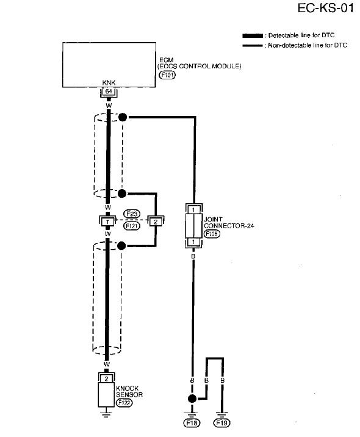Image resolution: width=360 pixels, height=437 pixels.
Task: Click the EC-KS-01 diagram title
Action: point(325,8)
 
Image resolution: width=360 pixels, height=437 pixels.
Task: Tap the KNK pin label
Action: point(109,83)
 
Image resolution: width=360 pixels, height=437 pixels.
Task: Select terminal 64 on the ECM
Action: point(109,91)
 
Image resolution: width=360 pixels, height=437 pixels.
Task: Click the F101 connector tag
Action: point(167,75)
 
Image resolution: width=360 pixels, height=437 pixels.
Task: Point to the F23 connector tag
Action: point(132,214)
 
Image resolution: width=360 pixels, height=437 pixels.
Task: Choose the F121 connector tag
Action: point(132,226)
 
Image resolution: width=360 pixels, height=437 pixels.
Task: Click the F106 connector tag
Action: point(212,234)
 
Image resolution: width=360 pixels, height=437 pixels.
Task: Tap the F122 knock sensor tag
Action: point(124,403)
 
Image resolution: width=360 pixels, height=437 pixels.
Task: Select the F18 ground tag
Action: point(192,423)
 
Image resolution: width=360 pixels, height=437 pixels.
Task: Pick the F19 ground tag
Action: point(221,423)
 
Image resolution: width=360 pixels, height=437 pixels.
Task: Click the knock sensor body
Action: point(106,395)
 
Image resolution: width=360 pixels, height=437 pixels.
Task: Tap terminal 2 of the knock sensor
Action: point(106,379)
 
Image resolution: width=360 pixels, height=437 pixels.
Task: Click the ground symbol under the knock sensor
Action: point(106,412)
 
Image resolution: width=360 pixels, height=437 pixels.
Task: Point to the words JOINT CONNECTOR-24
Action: point(229,223)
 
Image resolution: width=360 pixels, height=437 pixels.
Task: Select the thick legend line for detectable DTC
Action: point(253,35)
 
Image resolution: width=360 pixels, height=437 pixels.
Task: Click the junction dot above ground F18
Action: point(192,399)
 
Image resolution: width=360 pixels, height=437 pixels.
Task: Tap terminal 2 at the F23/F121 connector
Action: point(156,222)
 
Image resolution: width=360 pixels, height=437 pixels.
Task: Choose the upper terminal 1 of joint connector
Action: point(193,209)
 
